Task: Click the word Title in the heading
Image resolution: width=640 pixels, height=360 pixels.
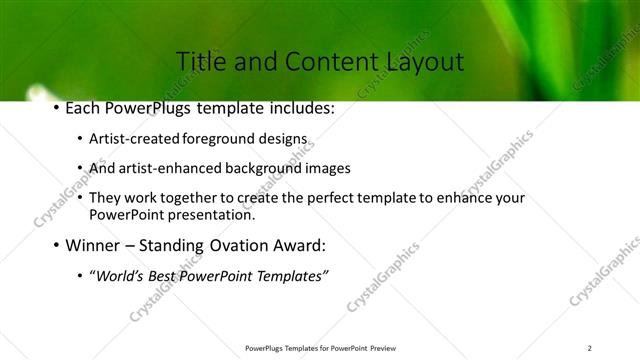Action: [199, 62]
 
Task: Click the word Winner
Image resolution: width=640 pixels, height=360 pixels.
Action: [96, 245]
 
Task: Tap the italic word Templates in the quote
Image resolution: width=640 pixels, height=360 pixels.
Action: [290, 276]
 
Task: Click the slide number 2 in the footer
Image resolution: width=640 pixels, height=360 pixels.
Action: [590, 348]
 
